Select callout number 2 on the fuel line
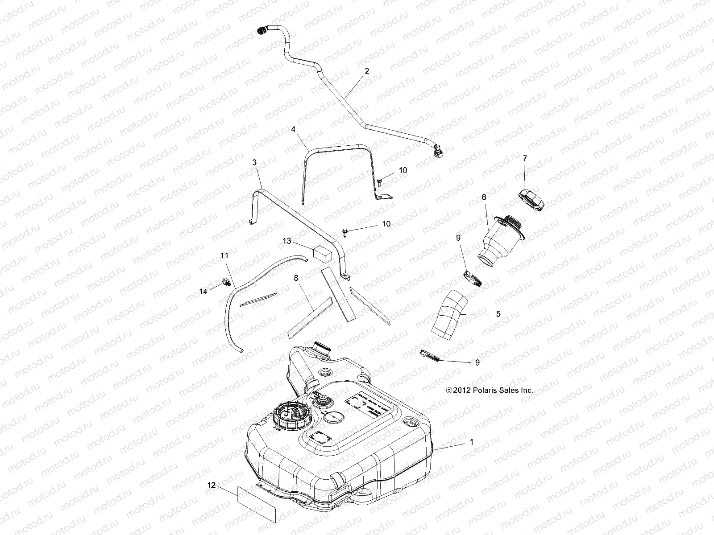coord(367,70)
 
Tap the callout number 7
coord(525,158)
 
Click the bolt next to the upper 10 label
coord(380,181)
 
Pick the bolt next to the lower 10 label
coord(345,230)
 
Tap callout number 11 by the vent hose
coord(224,255)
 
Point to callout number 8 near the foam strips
coord(295,277)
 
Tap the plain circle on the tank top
coord(334,418)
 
